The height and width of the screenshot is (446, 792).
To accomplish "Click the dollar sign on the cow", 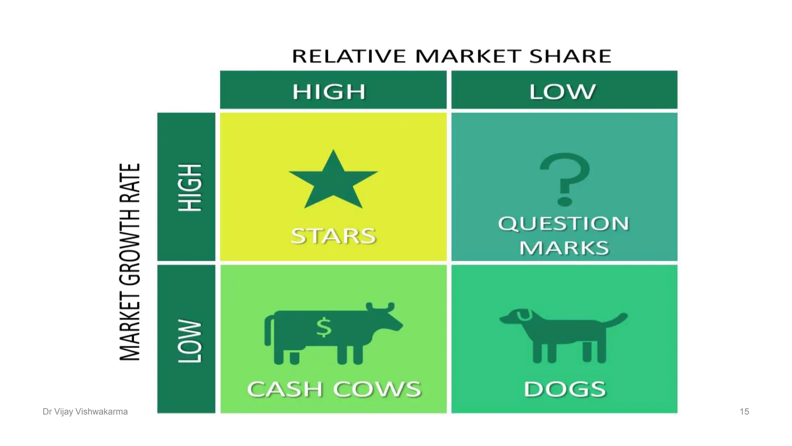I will (324, 327).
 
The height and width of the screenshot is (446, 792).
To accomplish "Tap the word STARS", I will (333, 236).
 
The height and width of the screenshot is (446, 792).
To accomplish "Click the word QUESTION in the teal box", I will (564, 224).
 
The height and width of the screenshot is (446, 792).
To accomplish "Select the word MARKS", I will (564, 248).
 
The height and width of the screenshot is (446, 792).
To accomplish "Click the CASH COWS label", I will (334, 389).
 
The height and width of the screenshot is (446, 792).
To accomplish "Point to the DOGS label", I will (565, 389).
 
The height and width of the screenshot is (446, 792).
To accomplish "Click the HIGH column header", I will (329, 92).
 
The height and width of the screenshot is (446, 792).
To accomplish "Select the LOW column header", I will (563, 92).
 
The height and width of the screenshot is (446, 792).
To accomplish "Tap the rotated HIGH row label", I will (190, 187).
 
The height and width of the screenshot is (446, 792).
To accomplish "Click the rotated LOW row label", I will (190, 341).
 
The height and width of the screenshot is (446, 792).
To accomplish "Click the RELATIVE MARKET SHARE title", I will (451, 56).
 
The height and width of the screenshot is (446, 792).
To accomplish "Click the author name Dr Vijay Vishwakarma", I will (85, 412).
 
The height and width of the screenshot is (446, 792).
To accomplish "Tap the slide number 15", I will (744, 412).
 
